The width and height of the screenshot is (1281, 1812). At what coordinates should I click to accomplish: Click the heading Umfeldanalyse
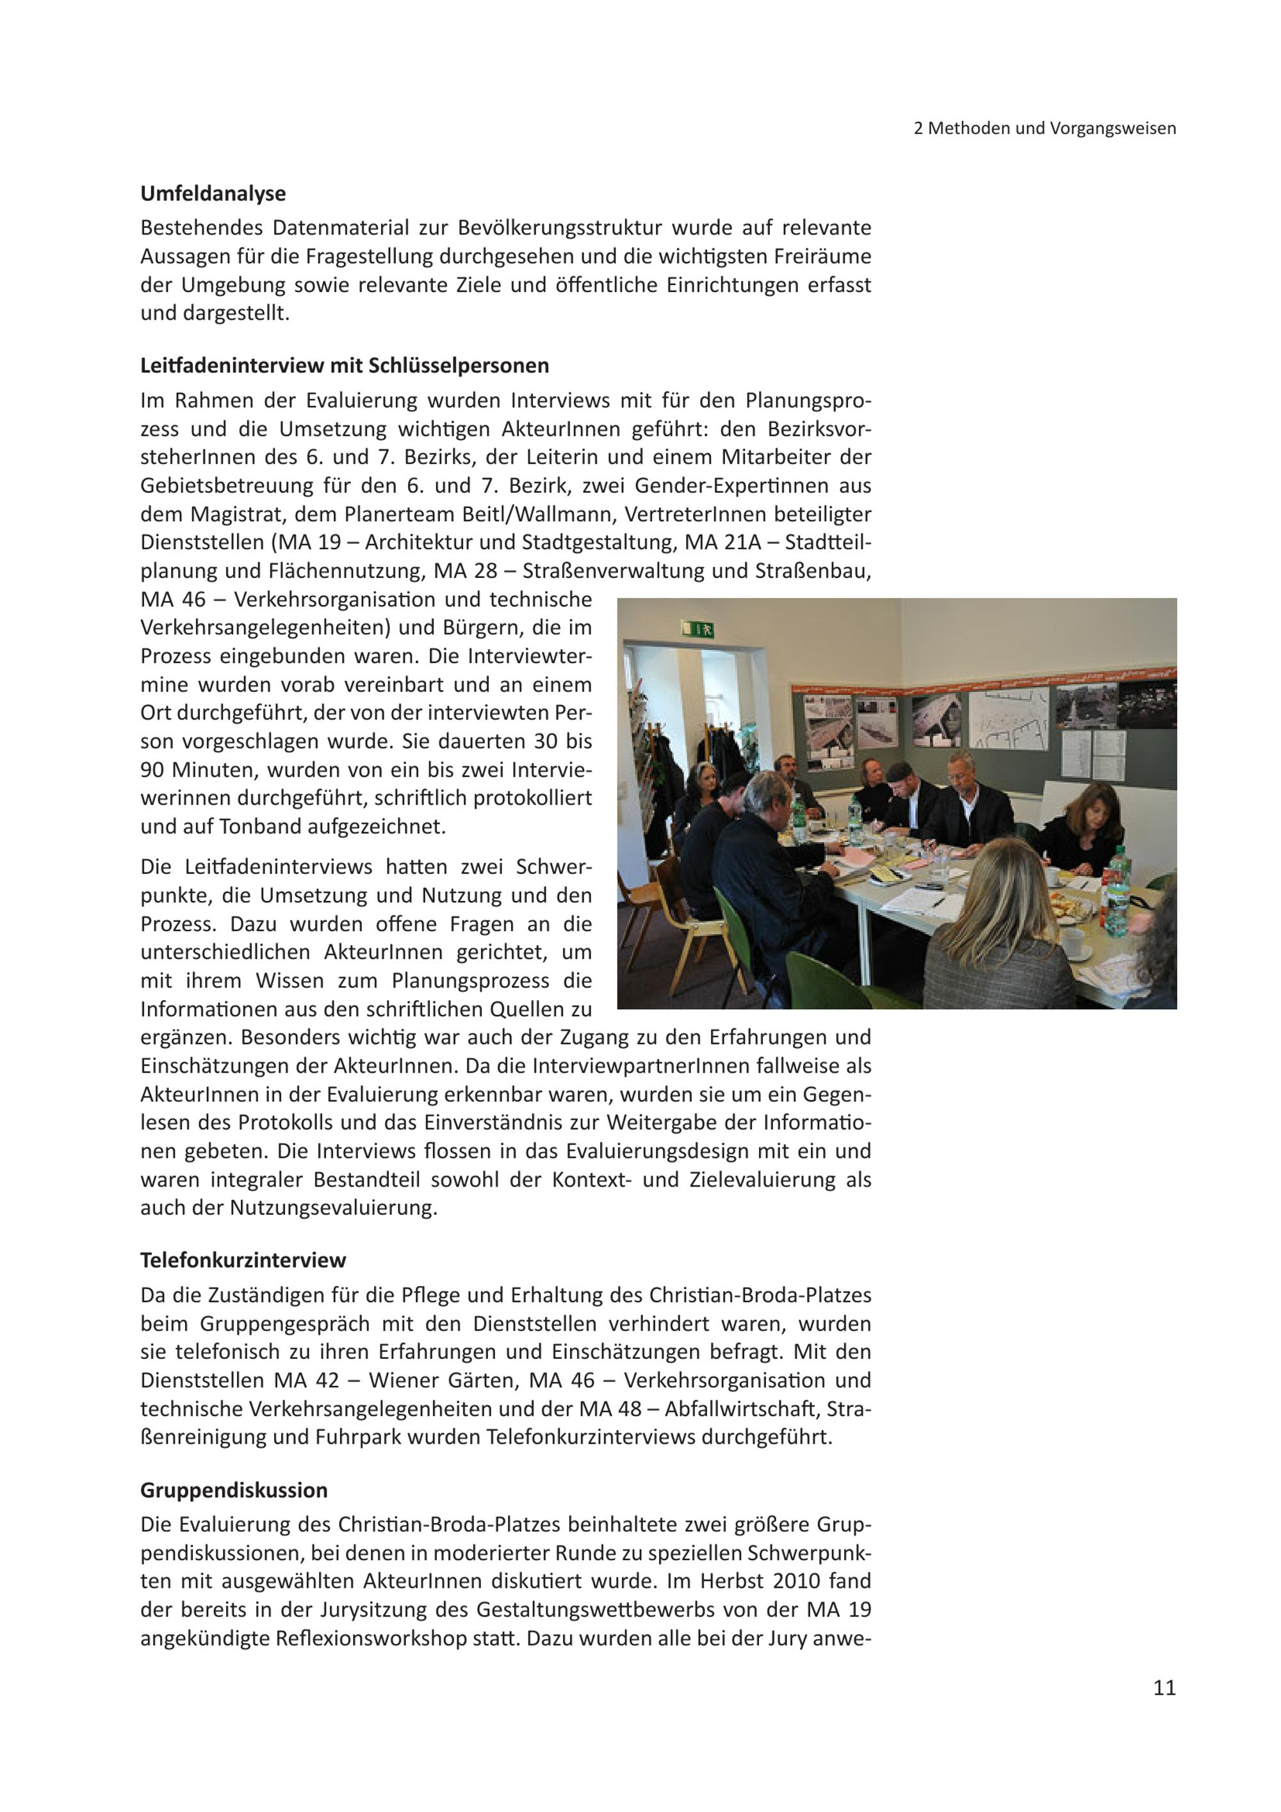pos(213,194)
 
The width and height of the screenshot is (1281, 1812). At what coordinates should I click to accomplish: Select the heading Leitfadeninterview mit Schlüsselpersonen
pos(345,365)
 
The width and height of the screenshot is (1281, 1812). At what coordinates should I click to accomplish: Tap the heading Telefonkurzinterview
pos(243,1260)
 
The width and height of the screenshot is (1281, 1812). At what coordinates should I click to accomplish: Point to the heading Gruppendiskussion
pos(234,1490)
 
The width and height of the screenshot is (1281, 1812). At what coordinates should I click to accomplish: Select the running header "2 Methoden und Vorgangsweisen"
pos(1045,128)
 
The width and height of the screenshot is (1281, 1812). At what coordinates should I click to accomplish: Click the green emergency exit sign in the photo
pos(698,629)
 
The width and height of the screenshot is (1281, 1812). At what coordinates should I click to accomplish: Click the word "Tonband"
pos(259,827)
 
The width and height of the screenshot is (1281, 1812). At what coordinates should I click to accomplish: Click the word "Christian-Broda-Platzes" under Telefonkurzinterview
pos(760,1295)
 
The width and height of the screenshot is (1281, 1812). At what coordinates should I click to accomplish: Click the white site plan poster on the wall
pos(1008,718)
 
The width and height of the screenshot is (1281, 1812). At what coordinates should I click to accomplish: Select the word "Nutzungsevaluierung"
pos(333,1208)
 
